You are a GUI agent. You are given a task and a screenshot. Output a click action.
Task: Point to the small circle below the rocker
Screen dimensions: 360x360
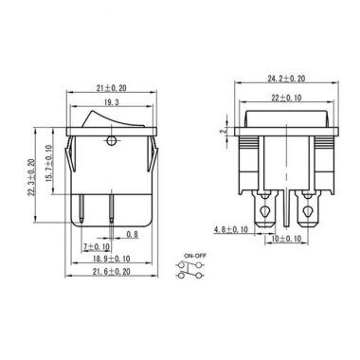pyautogui.click(x=113, y=144)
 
